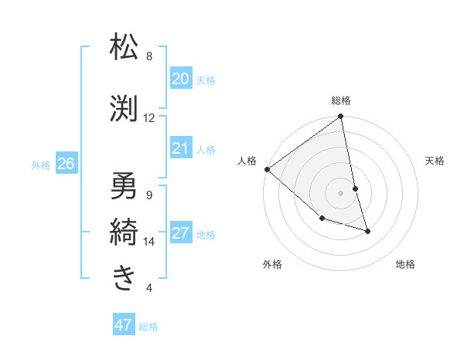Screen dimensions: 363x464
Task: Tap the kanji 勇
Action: [x=124, y=185]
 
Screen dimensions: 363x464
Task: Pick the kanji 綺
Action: [x=124, y=231]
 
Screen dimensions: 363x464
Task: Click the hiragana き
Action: [x=124, y=277]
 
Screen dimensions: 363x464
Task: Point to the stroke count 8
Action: [x=149, y=56]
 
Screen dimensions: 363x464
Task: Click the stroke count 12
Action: [x=149, y=118]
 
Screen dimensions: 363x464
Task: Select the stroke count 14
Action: [x=149, y=242]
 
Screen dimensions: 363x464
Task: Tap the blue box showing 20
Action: [x=180, y=79]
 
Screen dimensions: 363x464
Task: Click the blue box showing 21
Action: [x=180, y=148]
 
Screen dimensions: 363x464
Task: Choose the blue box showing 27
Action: [x=180, y=233]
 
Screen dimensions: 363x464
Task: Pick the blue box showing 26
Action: [x=66, y=164]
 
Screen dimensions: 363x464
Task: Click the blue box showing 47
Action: [x=124, y=325]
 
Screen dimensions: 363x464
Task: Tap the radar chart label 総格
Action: [x=341, y=100]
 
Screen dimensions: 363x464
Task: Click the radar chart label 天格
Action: [x=435, y=161]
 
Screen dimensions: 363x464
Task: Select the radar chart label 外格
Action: [x=272, y=264]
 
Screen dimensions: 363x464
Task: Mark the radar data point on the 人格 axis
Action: [x=267, y=168]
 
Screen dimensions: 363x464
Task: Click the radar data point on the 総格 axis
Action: [x=341, y=117]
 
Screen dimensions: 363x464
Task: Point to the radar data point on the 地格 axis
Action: [x=367, y=231]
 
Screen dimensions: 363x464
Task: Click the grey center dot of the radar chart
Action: [x=341, y=193]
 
